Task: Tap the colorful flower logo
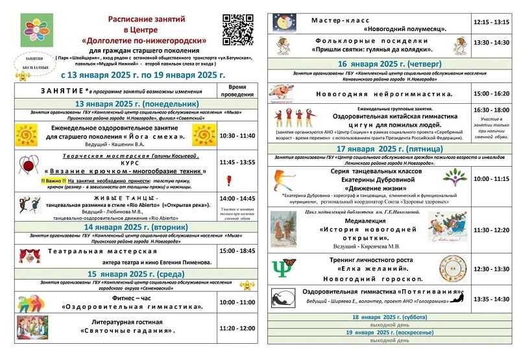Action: pos(38,29)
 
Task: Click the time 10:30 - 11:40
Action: pos(237,136)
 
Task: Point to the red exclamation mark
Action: pos(228,180)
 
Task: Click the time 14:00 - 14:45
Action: pos(237,198)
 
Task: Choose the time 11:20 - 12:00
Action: pos(237,329)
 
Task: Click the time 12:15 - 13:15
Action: pos(492,21)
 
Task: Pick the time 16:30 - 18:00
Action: pos(492,110)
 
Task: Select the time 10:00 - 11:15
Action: pos(492,178)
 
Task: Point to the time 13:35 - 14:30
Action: pos(492,299)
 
